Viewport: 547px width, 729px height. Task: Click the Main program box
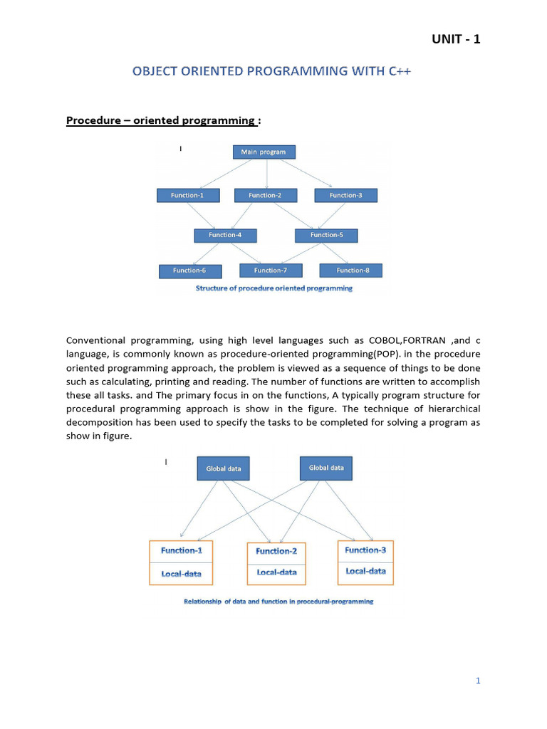[264, 152]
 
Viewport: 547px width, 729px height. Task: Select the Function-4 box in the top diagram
[225, 235]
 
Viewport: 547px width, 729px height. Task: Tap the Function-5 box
[326, 235]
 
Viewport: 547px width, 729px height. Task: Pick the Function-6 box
[189, 271]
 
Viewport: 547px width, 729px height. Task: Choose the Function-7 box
[271, 271]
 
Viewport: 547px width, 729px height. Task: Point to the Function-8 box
[350, 271]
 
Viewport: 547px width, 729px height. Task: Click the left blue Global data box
[224, 468]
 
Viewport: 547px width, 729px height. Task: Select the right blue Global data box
[326, 468]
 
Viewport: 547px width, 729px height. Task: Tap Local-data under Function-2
[276, 572]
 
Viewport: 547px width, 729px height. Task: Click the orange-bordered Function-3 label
[365, 550]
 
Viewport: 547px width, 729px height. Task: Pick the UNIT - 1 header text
[456, 39]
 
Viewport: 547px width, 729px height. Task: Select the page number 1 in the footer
[479, 681]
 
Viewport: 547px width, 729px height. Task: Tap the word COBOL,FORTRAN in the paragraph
[408, 340]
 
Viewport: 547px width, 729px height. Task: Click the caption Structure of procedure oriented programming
[274, 288]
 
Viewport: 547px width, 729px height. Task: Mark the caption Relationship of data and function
[278, 602]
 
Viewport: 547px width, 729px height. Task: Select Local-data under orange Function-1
[181, 573]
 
